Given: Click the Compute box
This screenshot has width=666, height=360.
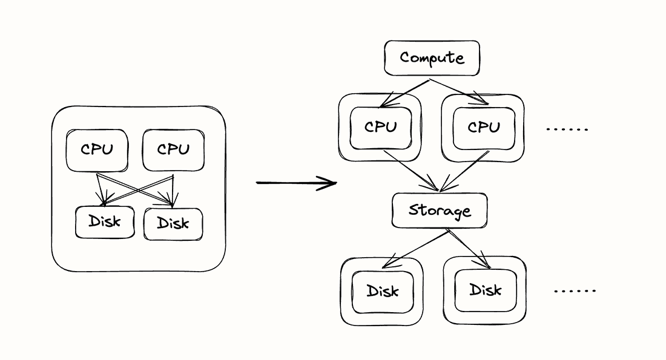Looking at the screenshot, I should (432, 58).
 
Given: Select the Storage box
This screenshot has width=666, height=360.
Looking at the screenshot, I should (439, 211).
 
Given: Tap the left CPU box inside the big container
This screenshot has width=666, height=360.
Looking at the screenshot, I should (97, 149).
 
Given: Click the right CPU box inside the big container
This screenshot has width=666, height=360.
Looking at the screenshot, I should (173, 149).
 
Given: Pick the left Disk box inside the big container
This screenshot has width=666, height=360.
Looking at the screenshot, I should (105, 221).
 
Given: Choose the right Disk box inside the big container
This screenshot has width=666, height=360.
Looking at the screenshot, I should (173, 223).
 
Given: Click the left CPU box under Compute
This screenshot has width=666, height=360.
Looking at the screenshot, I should (381, 127).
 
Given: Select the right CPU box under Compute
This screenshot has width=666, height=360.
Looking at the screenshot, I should (484, 127).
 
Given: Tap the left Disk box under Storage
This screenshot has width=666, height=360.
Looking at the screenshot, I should (382, 291).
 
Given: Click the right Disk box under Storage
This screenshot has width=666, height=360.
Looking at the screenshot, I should (486, 290).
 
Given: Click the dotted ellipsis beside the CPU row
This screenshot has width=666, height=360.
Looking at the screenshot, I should (567, 129).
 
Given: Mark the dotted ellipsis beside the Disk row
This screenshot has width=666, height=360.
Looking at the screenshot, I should (575, 291).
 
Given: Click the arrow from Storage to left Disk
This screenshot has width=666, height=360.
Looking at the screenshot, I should (415, 248).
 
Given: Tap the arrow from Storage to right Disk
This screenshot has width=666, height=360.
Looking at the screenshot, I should (470, 249).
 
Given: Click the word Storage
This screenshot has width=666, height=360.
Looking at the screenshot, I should (439, 211).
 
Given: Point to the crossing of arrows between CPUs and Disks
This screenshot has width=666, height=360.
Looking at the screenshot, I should (139, 189).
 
